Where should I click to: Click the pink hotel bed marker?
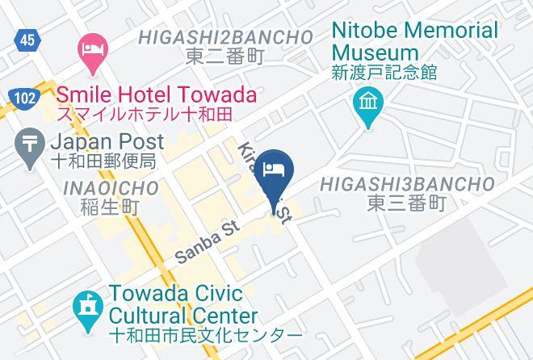91,51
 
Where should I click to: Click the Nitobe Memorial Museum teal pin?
367,107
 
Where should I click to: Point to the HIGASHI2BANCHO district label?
225,37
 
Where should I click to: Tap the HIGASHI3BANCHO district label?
406,185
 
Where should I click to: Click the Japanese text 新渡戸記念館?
384,73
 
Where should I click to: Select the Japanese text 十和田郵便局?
103,161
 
